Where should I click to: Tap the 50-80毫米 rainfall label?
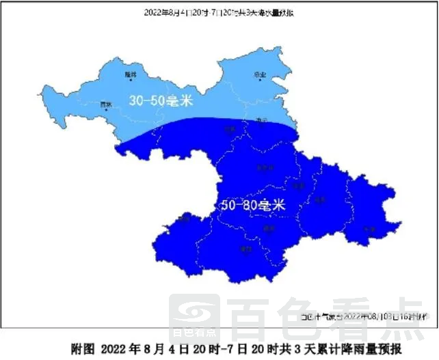click(x=252, y=205)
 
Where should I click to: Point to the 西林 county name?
click(x=105, y=105)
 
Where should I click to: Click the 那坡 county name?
click(x=185, y=219)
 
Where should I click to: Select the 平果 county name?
click(x=370, y=229)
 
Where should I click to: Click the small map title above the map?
click(x=219, y=12)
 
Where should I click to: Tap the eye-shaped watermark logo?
click(x=194, y=312)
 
